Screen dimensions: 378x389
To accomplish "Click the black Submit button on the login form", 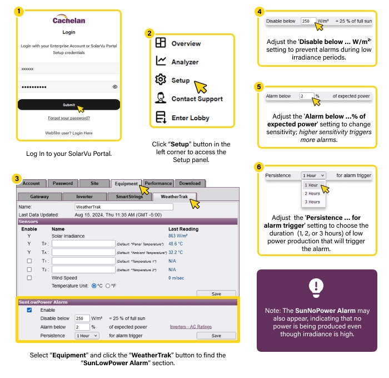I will coord(68,105).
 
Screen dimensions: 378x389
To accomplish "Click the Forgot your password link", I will coord(69,118).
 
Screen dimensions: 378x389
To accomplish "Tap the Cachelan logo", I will coord(69,21).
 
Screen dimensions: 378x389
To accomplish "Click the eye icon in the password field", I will coord(115,87).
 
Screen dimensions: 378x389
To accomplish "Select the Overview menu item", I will coord(186,43).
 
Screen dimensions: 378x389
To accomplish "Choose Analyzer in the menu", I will coord(184,62).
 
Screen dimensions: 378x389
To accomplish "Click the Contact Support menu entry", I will coord(197,99).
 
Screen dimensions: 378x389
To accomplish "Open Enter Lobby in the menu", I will coord(190,118).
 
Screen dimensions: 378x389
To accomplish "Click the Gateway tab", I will coord(39,197).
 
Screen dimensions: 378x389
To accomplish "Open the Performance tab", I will coord(158,183).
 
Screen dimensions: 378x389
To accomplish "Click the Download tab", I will coord(189,183).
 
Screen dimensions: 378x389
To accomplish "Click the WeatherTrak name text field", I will coord(123,207).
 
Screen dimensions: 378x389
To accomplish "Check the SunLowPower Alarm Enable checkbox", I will coord(29,310).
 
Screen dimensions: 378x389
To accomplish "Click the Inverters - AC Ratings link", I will coord(191,327).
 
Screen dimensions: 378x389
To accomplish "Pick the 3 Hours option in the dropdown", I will coord(312,202).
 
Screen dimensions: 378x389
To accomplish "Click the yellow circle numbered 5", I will coord(258,87).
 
